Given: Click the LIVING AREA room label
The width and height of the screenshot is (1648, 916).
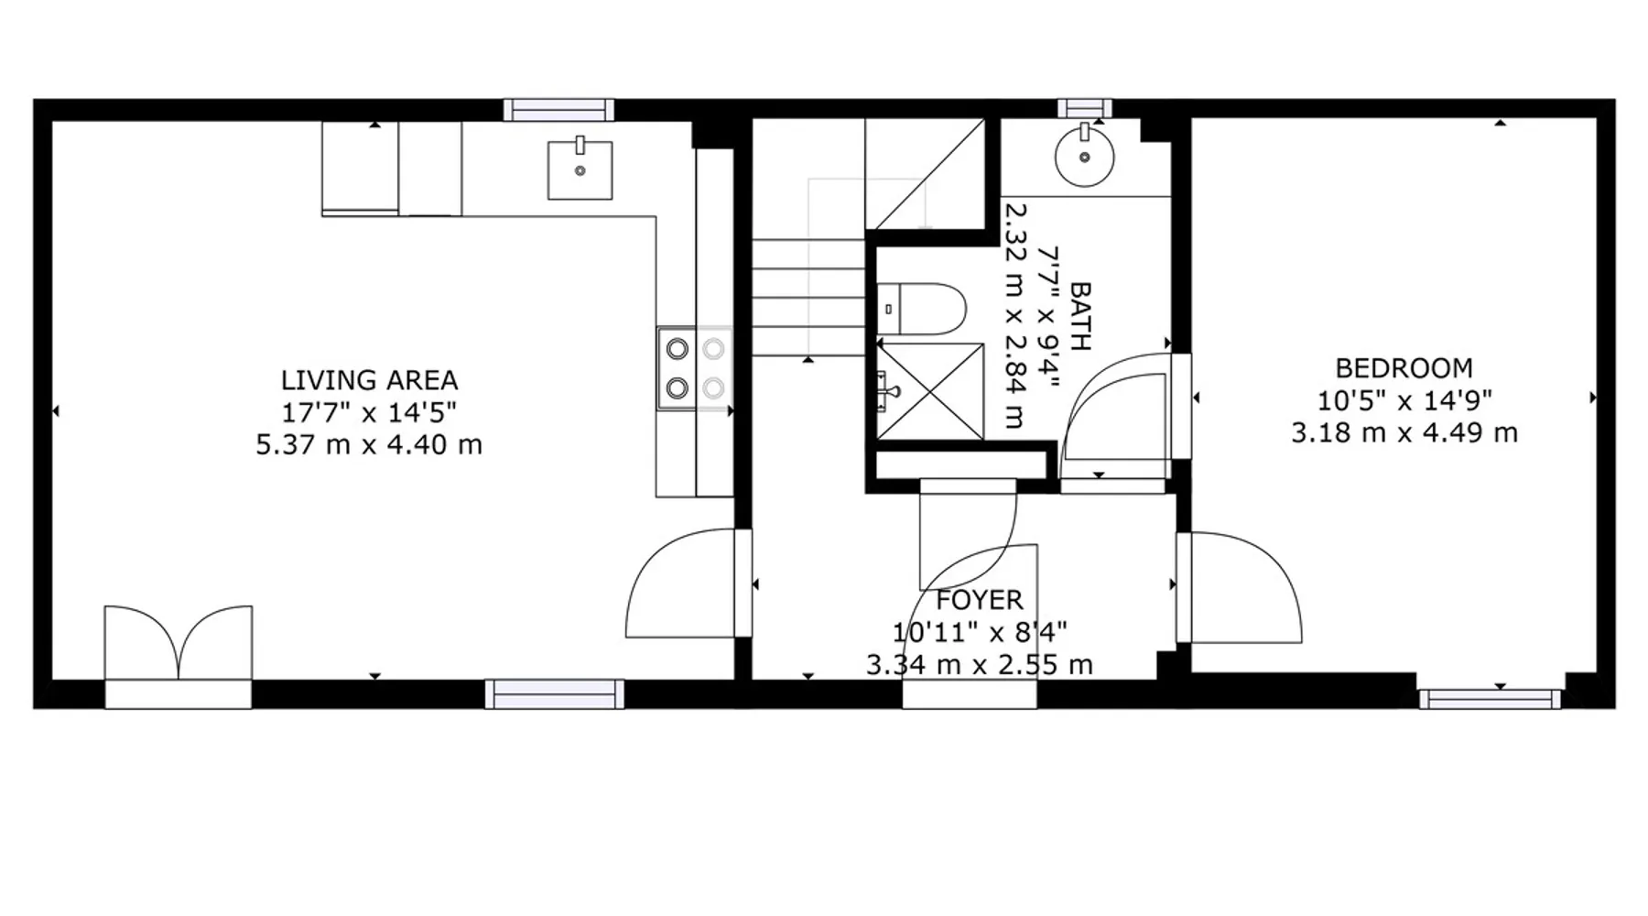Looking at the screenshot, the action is [x=369, y=380].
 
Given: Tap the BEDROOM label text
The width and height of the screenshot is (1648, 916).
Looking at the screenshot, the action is [x=1404, y=368].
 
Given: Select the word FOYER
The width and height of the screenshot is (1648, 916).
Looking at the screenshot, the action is [x=980, y=600].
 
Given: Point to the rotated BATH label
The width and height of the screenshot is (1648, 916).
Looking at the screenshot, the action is [x=1080, y=317].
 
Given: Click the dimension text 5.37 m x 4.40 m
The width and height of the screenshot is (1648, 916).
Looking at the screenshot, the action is [x=369, y=445].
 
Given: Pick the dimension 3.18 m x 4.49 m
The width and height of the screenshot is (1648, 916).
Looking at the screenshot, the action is [x=1404, y=432].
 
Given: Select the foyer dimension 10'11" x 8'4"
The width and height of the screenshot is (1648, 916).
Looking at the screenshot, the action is [x=980, y=632].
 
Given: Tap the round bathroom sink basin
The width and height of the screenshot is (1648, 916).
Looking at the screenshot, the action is [x=1085, y=157].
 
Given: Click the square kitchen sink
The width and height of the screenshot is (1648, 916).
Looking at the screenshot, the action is [x=580, y=169].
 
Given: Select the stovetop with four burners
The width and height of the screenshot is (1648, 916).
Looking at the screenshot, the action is [x=695, y=368].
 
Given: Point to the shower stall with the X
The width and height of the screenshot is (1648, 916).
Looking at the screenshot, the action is [x=930, y=391].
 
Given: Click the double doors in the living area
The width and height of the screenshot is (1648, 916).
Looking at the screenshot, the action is [x=179, y=643].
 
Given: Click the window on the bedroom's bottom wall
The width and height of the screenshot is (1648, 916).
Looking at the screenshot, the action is [x=1490, y=700].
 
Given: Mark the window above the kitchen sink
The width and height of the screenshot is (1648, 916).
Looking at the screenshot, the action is [x=558, y=110].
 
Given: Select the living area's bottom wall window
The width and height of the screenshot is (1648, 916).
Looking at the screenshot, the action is [x=555, y=693].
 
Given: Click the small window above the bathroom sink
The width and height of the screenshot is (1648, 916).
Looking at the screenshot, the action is [x=1085, y=108].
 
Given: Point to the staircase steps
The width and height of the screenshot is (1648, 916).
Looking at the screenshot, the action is [x=808, y=298].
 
